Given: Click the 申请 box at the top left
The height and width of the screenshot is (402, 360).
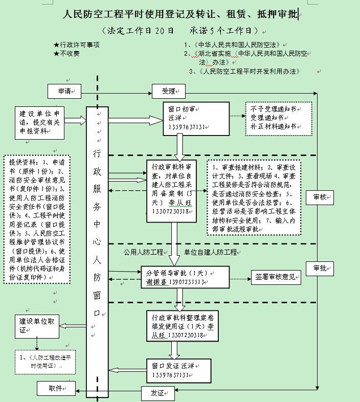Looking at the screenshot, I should tap(64, 91).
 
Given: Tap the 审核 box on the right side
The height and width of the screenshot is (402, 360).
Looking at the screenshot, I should tap(320, 197).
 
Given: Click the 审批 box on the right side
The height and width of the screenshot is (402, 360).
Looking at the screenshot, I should tap(320, 268).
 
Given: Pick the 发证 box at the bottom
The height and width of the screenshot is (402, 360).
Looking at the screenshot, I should tap(157, 393).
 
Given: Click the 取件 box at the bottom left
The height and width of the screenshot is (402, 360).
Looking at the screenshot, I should tap(56, 388).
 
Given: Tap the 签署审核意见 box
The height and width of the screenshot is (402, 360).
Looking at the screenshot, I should tap(275, 277).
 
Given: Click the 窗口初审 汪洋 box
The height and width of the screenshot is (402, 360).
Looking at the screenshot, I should tap(188, 119).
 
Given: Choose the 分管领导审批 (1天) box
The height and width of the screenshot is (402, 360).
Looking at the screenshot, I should tap(185, 277).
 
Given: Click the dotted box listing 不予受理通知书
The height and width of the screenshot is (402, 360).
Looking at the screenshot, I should tap(277, 117).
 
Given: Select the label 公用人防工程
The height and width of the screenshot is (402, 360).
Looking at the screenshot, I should tap(143, 252).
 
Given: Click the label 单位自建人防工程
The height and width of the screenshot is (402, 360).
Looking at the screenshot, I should tap(211, 252).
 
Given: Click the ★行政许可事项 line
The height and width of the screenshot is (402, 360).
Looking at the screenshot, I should tap(76, 44).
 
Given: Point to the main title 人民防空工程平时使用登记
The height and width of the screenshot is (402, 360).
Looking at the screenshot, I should tap(180, 15).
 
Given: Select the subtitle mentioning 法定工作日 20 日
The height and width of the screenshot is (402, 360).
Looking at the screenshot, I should tap(179, 31).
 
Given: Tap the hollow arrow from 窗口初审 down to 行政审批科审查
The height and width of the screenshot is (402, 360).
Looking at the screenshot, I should tap(179, 148).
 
